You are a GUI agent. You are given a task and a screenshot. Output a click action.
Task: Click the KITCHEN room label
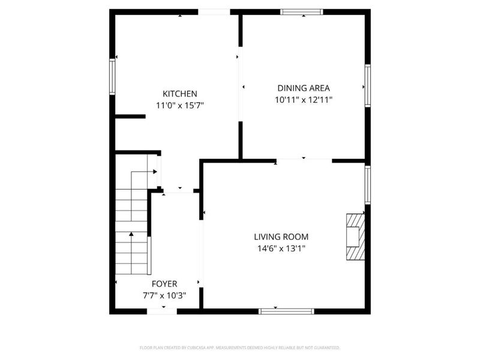180,94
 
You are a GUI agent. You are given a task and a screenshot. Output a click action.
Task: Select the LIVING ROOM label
281,237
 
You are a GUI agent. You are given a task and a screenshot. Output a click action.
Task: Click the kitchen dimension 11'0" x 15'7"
180,105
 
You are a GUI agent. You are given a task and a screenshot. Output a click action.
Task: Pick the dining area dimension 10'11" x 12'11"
304,100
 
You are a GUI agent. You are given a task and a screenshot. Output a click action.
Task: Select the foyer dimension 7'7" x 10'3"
164,295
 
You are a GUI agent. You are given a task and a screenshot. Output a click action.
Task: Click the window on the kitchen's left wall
112,76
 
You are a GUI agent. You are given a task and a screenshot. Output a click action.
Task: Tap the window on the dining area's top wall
302,11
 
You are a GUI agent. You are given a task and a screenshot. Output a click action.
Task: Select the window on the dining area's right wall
367,86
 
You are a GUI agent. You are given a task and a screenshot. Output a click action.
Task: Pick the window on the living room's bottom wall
286,311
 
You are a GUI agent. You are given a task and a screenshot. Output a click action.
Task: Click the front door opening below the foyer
162,311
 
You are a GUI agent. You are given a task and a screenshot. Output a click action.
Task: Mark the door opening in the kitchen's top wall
214,11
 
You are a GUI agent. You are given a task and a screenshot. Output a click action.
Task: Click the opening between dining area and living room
304,160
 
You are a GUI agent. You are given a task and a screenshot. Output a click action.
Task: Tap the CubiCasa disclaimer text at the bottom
240,347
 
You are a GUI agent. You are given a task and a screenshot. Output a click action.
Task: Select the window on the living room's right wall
367,184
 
